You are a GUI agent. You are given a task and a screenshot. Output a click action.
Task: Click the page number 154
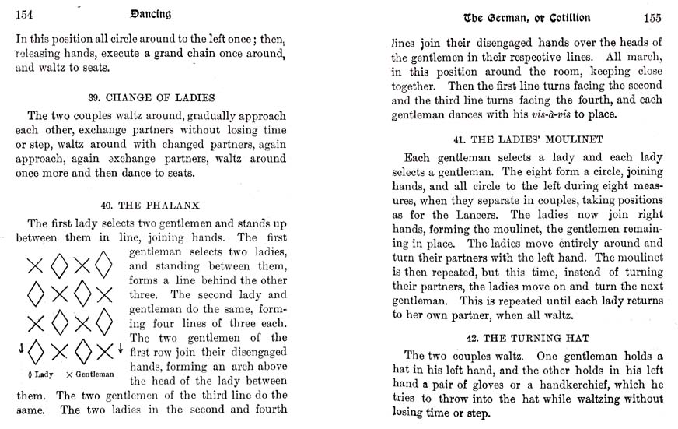(x=26, y=16)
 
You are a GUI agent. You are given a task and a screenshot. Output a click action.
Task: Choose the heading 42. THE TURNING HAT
(x=528, y=339)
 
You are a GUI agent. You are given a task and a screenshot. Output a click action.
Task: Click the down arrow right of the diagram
(x=121, y=350)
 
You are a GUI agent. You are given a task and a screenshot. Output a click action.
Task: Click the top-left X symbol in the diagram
(x=35, y=265)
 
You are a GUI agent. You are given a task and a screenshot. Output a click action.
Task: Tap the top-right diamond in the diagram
(x=103, y=265)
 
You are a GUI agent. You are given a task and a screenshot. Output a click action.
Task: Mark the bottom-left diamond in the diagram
(x=35, y=351)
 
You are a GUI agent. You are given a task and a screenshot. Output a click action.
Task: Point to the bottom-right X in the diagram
(x=103, y=351)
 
